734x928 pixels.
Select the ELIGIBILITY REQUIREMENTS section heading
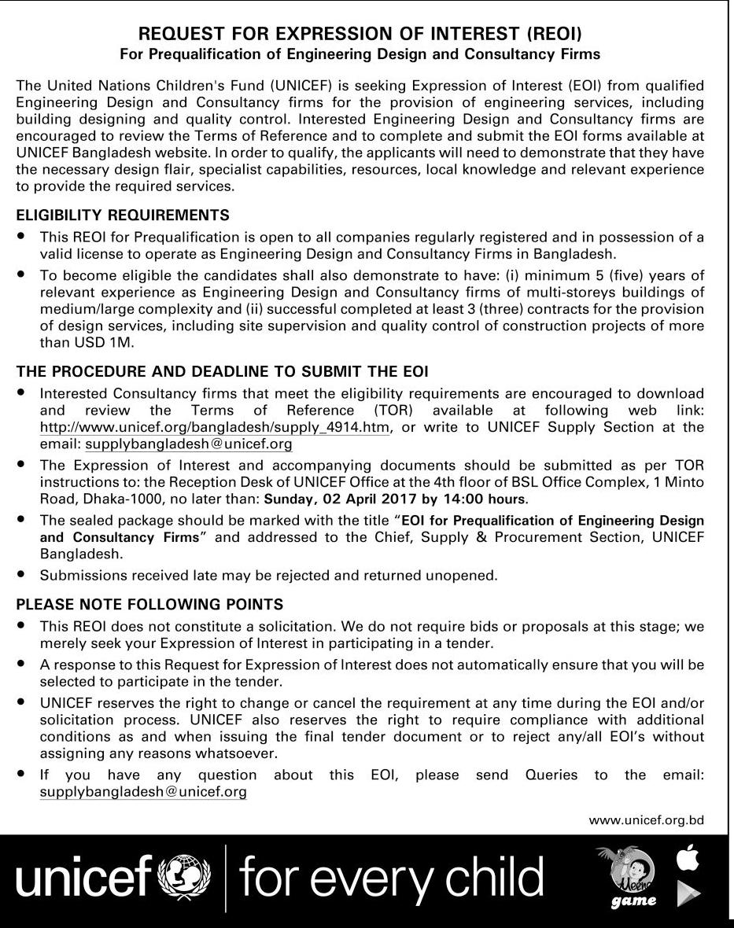123,215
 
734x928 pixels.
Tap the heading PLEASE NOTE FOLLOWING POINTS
149,605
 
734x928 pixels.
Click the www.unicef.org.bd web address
646,820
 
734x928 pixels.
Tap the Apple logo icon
688,859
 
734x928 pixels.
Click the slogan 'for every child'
391,878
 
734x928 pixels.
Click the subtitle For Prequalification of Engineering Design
360,54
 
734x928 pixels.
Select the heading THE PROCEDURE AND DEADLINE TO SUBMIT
222,371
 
